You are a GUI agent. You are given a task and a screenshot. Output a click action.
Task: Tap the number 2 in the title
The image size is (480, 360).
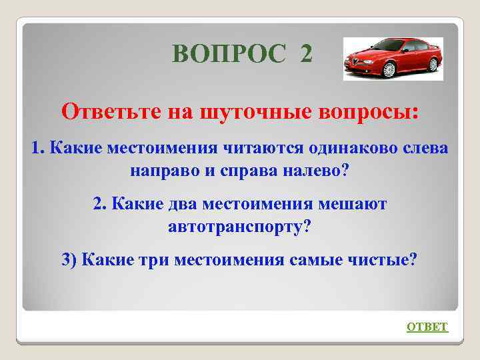305,53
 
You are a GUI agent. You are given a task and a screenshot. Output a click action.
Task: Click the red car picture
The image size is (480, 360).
393,59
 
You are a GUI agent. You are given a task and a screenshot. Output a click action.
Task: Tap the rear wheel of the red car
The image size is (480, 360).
432,64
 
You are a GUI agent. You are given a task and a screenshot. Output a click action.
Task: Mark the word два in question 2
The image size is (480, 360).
179,203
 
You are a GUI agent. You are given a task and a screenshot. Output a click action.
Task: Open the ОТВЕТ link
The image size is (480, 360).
427,327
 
